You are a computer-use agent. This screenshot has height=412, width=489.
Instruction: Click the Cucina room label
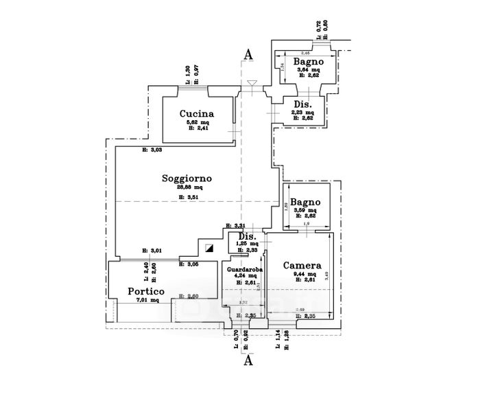coord(197,114)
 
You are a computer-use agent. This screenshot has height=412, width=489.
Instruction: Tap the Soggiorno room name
coord(187,179)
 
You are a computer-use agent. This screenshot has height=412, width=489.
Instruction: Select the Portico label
coord(146,291)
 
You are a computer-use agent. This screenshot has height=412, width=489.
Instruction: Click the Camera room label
coord(302,266)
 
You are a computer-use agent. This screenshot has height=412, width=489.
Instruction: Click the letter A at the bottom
coord(248,359)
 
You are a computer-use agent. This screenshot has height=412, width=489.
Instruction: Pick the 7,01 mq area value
coord(148,300)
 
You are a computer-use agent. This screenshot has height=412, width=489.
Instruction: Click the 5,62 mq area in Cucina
coord(197,122)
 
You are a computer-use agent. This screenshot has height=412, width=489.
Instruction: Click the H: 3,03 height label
coord(152,150)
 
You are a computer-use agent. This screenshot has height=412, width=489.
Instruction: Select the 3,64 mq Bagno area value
coord(308,70)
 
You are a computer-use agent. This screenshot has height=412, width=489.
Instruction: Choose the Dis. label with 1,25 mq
coord(247,237)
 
